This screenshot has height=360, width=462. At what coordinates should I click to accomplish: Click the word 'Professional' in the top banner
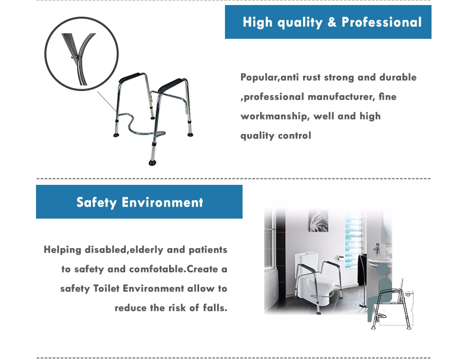click(381, 22)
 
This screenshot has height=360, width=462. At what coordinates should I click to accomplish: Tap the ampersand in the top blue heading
click(332, 22)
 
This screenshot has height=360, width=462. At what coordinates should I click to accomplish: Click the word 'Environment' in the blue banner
click(162, 202)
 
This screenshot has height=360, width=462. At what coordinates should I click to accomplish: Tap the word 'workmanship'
click(274, 116)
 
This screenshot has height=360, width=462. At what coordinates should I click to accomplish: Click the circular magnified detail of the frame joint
click(81, 54)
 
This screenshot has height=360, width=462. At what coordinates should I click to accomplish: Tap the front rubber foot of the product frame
click(152, 162)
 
